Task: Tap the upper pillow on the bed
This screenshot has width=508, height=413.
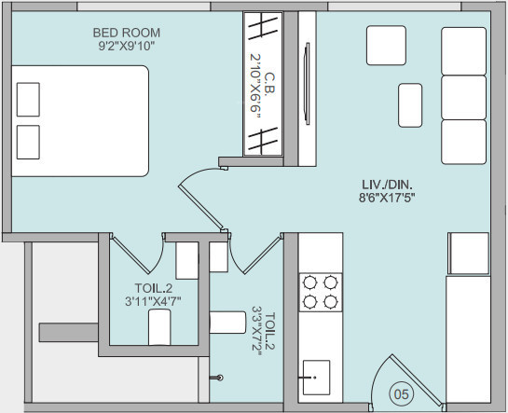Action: [29, 98]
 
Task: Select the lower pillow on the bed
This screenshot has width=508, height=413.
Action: [29, 140]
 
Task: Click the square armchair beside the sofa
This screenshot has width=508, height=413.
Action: [385, 43]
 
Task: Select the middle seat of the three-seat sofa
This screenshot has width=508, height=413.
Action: [463, 96]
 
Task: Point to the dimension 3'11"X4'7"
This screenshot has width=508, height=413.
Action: [154, 301]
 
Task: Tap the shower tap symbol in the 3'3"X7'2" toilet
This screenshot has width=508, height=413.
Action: [219, 379]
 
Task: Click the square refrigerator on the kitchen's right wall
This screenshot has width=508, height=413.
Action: [469, 250]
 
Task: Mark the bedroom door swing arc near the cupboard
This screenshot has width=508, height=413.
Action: [197, 177]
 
